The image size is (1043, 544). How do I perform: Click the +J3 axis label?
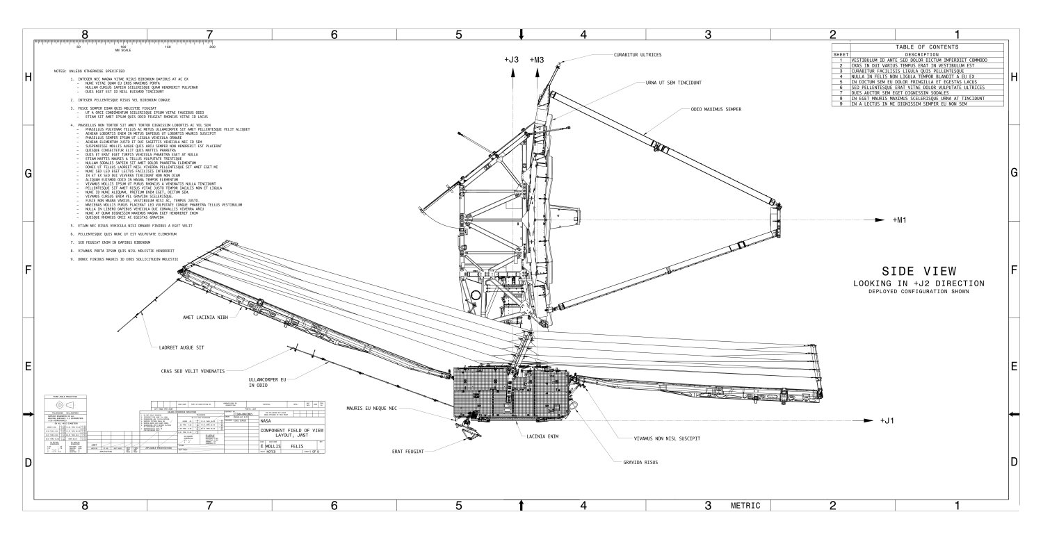(x=512, y=60)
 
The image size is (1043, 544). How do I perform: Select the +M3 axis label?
(x=536, y=60)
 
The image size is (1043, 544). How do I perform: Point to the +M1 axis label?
(x=901, y=220)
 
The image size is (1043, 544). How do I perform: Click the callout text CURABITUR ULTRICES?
(x=637, y=55)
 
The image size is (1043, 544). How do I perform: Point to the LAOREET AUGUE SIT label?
(x=183, y=346)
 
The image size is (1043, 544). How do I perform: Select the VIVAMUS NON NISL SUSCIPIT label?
(x=666, y=438)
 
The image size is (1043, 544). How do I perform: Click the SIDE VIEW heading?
(x=918, y=271)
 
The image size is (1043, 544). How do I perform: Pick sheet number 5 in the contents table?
(x=841, y=81)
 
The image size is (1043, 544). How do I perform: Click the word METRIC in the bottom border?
(x=746, y=505)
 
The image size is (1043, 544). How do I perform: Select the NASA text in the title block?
(x=266, y=421)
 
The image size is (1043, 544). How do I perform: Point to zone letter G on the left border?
(x=29, y=174)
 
